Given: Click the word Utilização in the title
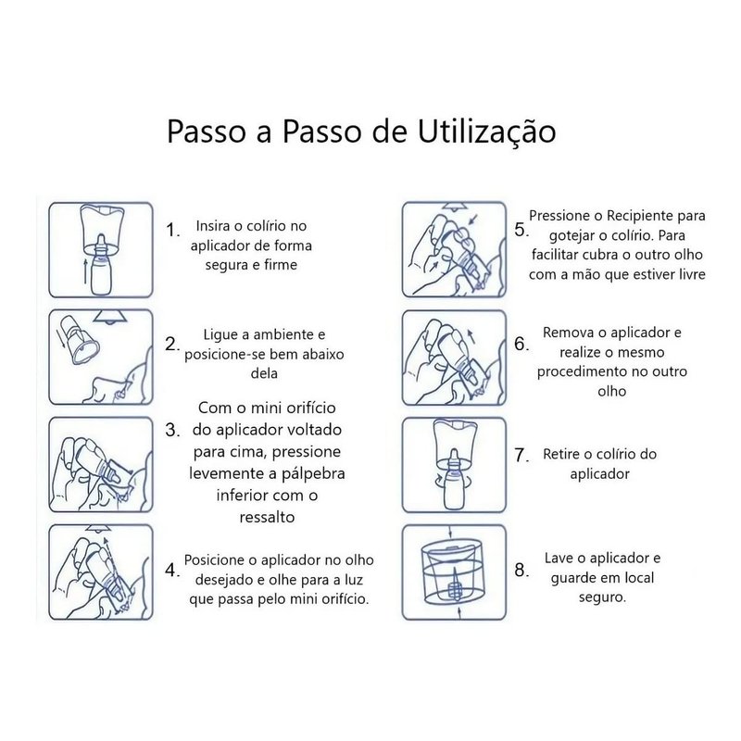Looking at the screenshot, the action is coord(486,132).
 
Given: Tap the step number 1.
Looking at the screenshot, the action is coord(172,230).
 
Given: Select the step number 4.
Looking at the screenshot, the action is coord(172,570).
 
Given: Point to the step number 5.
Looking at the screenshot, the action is coord(521,230).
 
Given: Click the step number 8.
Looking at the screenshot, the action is coord(521,570).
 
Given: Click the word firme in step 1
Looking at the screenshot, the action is coord(281,265).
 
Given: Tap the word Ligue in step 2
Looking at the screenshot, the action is coord(220,335).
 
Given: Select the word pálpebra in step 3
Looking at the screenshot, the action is coord(313,473).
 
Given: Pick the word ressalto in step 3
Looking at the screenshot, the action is coord(267,518).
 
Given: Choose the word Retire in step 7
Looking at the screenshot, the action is coord(561,454).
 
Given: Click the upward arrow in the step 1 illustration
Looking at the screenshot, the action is coord(85,270).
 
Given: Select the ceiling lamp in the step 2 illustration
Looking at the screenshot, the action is coord(109,317).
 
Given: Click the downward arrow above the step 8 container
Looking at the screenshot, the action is coord(450,531).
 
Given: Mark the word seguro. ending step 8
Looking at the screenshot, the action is coord(602,597).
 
